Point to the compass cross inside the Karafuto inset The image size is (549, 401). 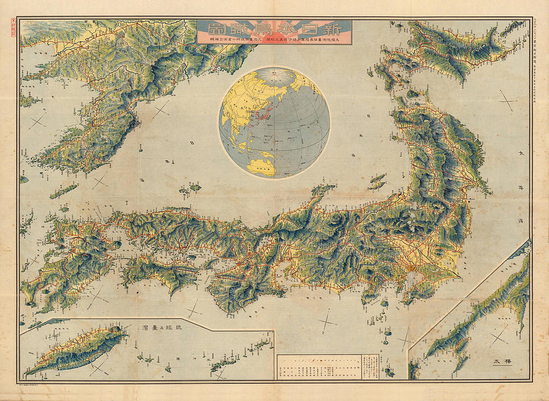click(x=498, y=336)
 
